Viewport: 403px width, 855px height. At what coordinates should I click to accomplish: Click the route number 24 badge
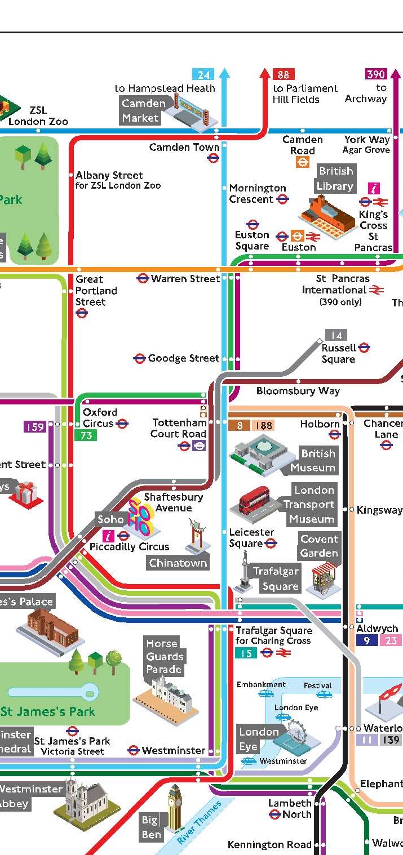(x=203, y=74)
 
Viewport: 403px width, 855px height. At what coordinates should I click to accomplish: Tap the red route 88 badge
(x=283, y=74)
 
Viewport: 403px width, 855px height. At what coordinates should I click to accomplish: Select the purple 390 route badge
(x=376, y=74)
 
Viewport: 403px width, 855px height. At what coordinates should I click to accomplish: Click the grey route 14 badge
(x=336, y=335)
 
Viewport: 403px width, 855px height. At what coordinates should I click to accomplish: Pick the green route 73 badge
(x=86, y=435)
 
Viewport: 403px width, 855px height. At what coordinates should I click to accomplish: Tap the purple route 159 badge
(x=34, y=427)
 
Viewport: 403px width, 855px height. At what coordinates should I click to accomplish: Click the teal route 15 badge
(x=246, y=653)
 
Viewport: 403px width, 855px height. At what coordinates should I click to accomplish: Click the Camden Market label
(x=144, y=110)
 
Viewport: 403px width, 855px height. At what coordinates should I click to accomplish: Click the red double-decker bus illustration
(x=254, y=500)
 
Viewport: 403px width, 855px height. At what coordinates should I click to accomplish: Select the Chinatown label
(x=178, y=563)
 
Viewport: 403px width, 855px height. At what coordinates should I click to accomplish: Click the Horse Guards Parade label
(x=164, y=656)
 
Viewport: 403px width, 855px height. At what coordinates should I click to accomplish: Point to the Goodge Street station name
(x=183, y=358)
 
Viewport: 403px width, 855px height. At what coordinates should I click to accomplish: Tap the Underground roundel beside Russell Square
(x=364, y=348)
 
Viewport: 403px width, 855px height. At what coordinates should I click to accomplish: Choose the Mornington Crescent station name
(x=258, y=193)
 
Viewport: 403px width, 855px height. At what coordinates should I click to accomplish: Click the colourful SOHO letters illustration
(x=139, y=516)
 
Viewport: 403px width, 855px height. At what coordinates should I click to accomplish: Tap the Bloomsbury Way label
(x=298, y=391)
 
